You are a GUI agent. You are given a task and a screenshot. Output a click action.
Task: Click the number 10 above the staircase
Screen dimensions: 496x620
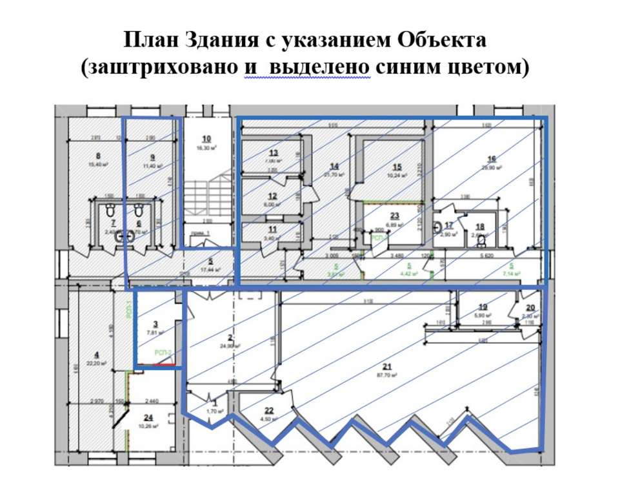(x=206, y=139)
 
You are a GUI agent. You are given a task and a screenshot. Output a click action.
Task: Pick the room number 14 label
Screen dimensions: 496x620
(x=334, y=165)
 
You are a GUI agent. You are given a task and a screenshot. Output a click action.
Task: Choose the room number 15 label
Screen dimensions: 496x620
(x=397, y=166)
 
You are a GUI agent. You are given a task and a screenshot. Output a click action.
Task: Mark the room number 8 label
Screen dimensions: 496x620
(x=98, y=156)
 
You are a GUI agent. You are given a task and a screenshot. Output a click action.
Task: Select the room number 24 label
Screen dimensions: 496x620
(x=149, y=417)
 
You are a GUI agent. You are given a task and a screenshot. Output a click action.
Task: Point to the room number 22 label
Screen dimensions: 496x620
(x=269, y=409)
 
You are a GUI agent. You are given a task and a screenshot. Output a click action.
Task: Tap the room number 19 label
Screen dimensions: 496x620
(x=483, y=307)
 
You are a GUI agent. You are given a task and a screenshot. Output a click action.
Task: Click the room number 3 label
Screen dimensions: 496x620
(x=155, y=324)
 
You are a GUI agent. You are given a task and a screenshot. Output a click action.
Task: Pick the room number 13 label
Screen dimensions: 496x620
(x=273, y=152)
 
